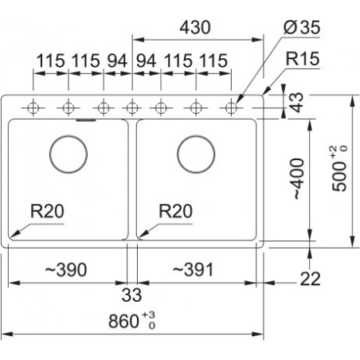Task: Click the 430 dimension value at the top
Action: [x=195, y=27]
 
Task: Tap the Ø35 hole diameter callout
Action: [x=302, y=27]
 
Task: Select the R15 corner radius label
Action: [x=302, y=59]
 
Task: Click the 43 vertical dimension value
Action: [x=296, y=103]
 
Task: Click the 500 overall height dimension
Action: [x=340, y=169]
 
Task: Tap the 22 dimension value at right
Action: [x=310, y=280]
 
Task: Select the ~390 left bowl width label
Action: [x=66, y=270]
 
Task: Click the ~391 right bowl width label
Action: [x=193, y=270]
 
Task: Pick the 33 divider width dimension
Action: [x=131, y=295]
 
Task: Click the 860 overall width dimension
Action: [x=132, y=320]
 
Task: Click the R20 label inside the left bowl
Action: [x=47, y=211]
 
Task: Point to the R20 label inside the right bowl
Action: [x=175, y=211]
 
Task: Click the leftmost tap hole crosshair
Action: [x=33, y=108]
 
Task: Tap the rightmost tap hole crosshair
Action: [x=231, y=108]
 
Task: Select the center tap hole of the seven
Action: [x=132, y=108]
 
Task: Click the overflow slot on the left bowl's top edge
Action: [x=86, y=120]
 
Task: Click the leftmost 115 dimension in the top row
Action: [x=50, y=61]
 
